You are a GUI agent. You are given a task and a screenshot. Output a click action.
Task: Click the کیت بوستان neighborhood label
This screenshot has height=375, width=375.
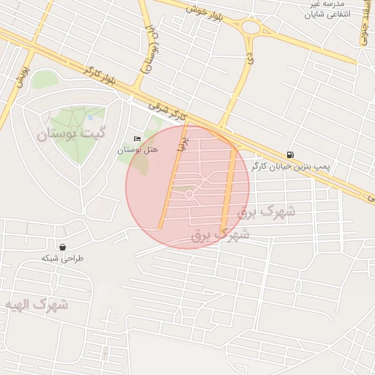tap(72, 134)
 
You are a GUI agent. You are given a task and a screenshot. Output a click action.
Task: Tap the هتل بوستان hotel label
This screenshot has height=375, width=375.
tap(138, 150)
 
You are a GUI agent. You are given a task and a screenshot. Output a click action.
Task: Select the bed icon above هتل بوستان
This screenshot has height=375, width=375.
tap(137, 139)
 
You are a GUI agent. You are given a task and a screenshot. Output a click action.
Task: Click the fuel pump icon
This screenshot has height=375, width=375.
tap(292, 155)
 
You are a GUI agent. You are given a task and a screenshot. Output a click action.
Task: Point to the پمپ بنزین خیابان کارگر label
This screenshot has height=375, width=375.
tap(292, 167)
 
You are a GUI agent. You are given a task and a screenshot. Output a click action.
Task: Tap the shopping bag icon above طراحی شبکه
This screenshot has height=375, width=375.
tap(62, 247)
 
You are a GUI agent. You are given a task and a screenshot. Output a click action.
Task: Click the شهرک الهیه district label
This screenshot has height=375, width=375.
tap(36, 304)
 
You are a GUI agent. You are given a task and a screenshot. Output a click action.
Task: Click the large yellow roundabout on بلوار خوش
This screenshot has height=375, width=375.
tap(253, 29)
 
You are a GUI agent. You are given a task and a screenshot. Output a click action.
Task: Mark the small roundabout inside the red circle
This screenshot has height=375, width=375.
tap(189, 195)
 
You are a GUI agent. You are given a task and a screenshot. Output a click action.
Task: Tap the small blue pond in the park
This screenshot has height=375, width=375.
tap(89, 116)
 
